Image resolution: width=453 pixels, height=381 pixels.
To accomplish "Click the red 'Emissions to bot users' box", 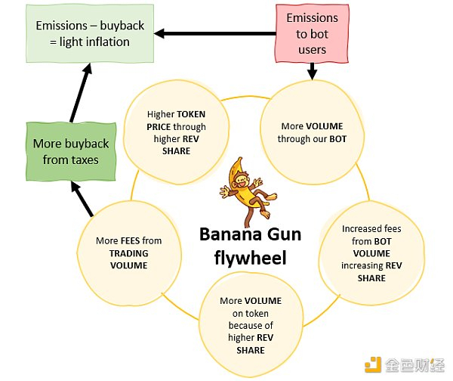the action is point(312,33).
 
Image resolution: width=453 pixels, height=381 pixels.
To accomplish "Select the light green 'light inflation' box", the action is point(90,33).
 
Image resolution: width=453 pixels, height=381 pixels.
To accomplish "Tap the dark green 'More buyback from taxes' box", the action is point(71,152).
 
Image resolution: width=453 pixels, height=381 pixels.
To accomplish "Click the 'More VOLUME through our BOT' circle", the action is point(312,132).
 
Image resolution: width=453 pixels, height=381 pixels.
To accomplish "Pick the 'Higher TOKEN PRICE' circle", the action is point(176,132).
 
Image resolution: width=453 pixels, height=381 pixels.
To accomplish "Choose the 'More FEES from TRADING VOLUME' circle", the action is point(129,253).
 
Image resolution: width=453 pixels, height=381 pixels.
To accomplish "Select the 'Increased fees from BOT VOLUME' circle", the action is point(371,253).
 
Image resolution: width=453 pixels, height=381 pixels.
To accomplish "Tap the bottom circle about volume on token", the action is point(251,325).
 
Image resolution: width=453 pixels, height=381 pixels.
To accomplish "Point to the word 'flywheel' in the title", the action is point(250,258).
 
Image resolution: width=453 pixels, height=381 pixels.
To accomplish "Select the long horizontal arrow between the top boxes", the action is point(215,33).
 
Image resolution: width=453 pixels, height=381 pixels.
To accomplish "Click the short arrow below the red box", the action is point(312,71).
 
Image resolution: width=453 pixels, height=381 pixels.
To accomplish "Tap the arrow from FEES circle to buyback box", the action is point(82,199).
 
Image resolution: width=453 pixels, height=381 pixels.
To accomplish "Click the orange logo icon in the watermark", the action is point(373,365).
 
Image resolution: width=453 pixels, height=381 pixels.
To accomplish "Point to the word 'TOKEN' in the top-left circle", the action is point(191,114).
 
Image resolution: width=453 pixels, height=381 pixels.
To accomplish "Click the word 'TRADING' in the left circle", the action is point(129,253).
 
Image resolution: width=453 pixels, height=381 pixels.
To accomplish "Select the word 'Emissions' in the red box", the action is point(312,18).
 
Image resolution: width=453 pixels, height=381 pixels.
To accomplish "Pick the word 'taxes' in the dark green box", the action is point(84,160).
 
